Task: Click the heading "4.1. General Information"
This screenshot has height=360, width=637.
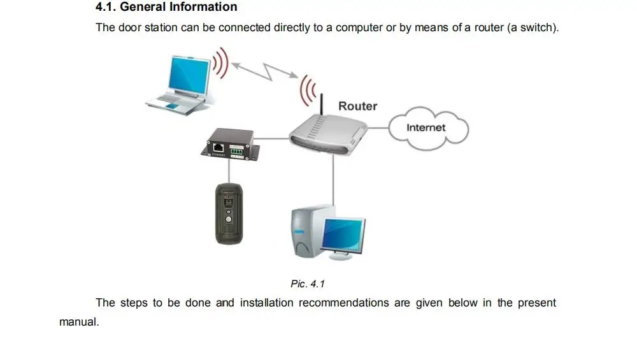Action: point(166,8)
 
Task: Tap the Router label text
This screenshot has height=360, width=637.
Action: point(357,106)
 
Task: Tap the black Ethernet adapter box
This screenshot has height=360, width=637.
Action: point(231,145)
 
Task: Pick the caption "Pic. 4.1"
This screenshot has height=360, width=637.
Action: point(308,284)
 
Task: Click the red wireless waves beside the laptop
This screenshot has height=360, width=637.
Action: point(220,61)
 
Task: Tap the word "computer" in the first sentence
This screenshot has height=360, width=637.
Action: point(359,28)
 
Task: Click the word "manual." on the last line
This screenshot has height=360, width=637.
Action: point(79,322)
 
